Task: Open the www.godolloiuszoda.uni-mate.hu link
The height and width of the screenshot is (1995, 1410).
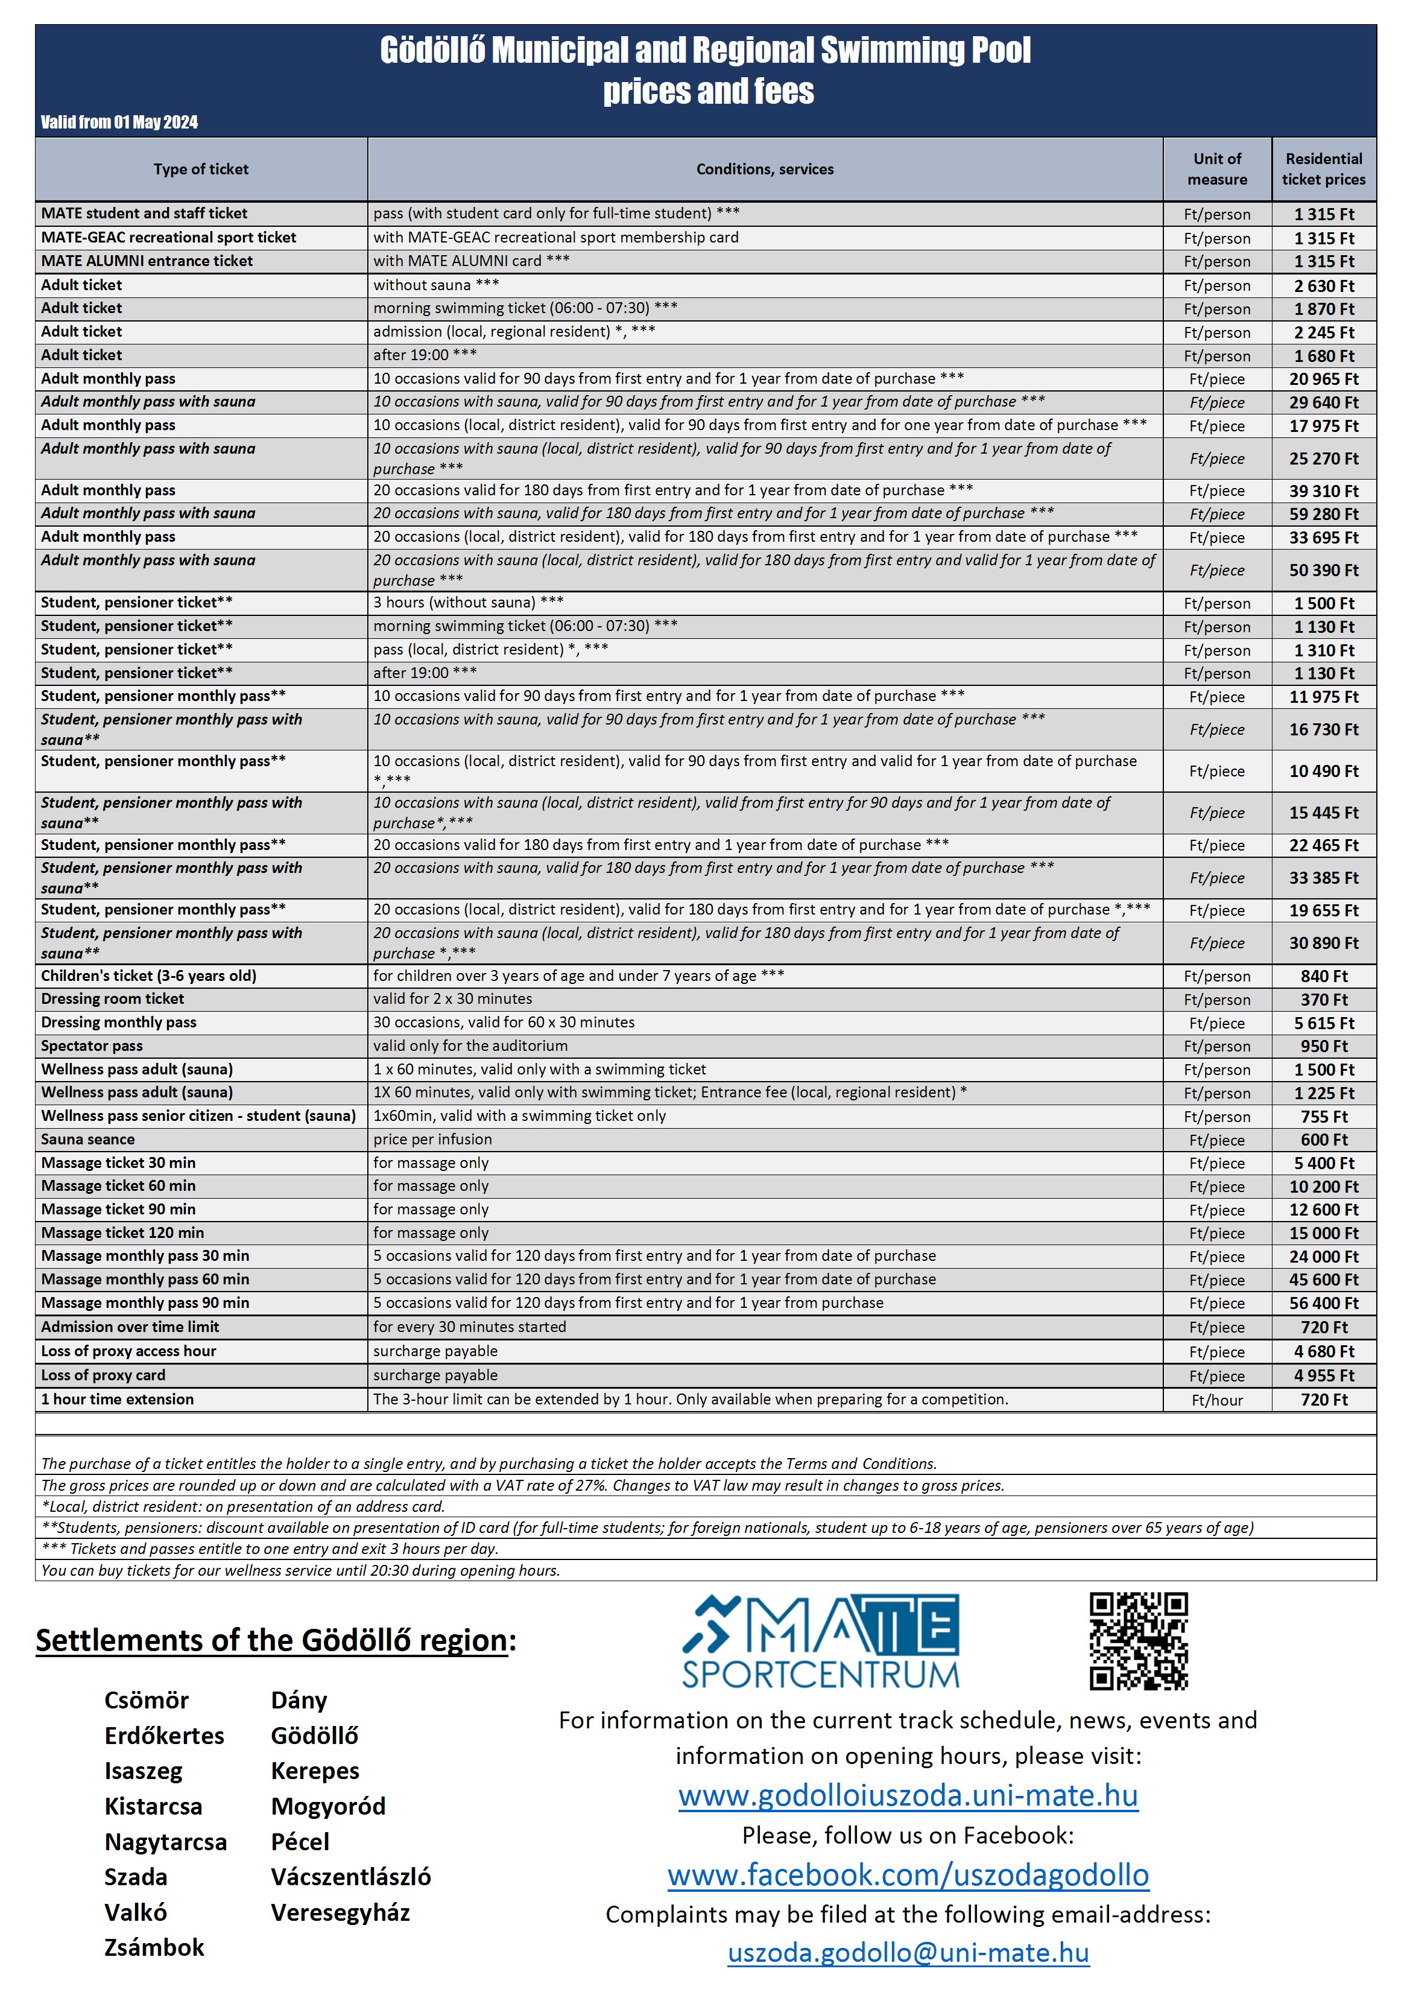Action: coord(908,1795)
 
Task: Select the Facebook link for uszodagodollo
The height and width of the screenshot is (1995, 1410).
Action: coord(908,1874)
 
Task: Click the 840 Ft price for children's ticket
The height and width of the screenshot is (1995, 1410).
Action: coord(1323,975)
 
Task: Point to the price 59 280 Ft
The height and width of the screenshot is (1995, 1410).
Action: coord(1323,513)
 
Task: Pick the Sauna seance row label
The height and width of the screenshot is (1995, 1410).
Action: coord(87,1139)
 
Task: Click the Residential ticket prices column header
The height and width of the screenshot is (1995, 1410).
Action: coord(1323,168)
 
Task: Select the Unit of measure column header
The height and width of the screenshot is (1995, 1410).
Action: coord(1216,168)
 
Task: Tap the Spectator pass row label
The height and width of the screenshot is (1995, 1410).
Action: coord(91,1046)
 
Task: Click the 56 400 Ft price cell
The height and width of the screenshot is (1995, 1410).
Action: coord(1323,1302)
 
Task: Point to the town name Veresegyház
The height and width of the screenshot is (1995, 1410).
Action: coord(340,1912)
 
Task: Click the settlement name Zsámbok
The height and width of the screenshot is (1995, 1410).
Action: coord(154,1947)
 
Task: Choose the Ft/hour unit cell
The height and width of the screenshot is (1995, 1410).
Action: coord(1216,1400)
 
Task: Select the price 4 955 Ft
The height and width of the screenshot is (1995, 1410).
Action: coord(1323,1375)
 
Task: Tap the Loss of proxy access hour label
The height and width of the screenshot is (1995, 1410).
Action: coord(128,1351)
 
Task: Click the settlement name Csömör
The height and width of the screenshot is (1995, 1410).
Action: coord(146,1701)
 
